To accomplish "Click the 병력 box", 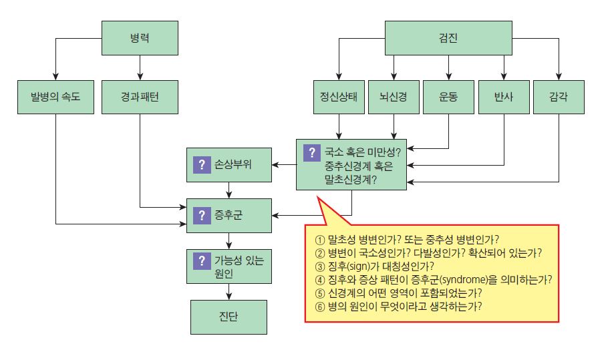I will point(140,37).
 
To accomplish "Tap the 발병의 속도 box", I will point(55,97).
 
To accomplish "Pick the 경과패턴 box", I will point(140,97).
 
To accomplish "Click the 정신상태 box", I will point(339,97).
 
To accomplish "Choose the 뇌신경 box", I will point(394,97).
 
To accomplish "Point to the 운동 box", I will point(448,97).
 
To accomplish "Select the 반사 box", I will point(504,97).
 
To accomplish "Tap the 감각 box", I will point(559,97).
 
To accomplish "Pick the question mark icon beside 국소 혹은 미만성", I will point(311,152).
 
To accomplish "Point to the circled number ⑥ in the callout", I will point(319,306).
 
